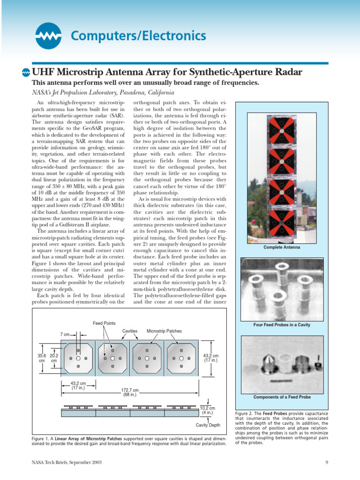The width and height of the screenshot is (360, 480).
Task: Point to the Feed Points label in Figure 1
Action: click(x=104, y=324)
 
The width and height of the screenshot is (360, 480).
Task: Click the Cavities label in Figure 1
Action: click(x=129, y=331)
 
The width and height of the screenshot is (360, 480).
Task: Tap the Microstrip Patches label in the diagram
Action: click(x=164, y=331)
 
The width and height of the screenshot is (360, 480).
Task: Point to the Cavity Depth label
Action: click(x=208, y=425)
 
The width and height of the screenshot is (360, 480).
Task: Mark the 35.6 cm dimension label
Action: click(x=42, y=359)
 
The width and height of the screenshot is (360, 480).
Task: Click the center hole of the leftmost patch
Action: click(x=78, y=359)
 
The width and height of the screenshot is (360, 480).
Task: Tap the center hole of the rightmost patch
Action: click(x=181, y=359)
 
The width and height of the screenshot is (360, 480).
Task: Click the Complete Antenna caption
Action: click(x=281, y=247)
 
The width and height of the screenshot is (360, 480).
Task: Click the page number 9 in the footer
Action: click(x=326, y=463)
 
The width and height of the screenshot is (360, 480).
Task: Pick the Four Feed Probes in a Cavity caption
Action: click(x=281, y=324)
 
